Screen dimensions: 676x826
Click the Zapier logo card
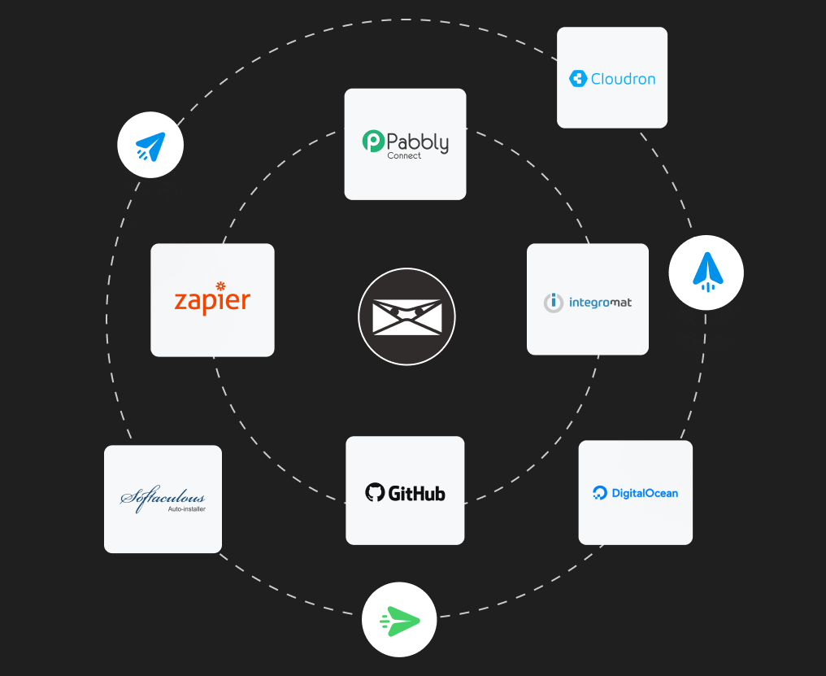tap(212, 300)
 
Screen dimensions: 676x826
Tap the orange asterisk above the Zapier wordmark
tap(220, 286)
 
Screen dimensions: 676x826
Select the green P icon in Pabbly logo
tap(373, 142)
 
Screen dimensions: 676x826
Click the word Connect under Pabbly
tap(404, 155)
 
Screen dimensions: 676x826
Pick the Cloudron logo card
tap(611, 78)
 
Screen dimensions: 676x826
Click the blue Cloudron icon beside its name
tap(578, 79)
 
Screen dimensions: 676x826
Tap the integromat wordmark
tap(600, 303)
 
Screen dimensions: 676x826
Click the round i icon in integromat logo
tap(553, 303)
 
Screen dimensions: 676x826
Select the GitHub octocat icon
tap(374, 492)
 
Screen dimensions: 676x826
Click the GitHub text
tap(416, 493)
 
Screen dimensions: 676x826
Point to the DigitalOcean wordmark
tap(645, 493)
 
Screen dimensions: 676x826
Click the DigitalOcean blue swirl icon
tap(600, 493)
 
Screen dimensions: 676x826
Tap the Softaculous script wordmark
tap(163, 497)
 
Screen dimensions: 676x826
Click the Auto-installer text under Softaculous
tap(186, 510)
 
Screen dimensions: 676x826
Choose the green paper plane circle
tap(399, 619)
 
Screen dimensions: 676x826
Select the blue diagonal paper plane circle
tap(150, 146)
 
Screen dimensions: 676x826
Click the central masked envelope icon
tap(406, 317)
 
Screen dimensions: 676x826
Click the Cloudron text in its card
tap(623, 79)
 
